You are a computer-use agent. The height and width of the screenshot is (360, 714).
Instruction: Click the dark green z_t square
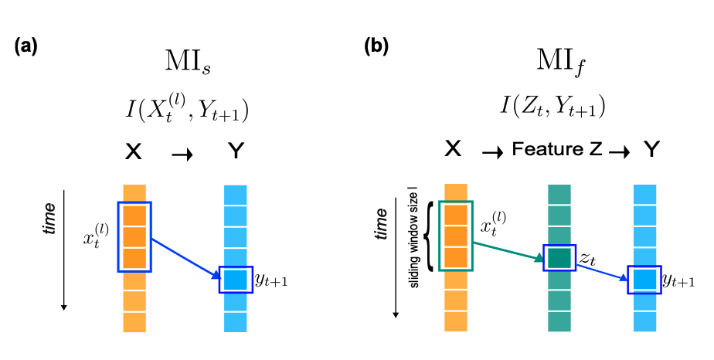(x=558, y=258)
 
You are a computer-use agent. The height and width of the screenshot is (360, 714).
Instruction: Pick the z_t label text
(x=588, y=258)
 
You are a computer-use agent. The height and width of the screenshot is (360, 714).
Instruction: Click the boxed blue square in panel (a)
(x=235, y=278)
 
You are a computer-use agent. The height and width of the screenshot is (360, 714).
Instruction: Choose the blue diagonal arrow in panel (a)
(x=185, y=257)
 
